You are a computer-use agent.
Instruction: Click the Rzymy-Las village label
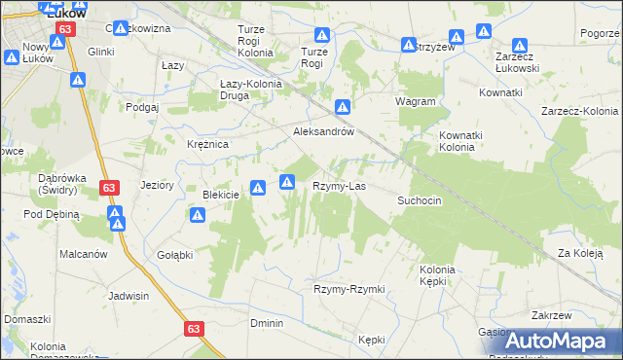[339, 185]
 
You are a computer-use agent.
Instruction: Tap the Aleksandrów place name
[322, 131]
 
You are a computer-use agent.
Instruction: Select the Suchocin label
[420, 200]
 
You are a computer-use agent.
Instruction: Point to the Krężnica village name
[207, 144]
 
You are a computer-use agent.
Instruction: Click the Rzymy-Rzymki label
[349, 289]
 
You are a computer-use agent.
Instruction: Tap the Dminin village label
[266, 323]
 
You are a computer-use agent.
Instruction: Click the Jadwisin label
[128, 294]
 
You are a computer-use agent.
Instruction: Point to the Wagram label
[416, 101]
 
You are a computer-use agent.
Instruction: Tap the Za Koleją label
[579, 254]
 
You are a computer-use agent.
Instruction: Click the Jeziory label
[157, 184]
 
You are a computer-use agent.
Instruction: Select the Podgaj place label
[142, 107]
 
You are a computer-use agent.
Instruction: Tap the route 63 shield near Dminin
[192, 330]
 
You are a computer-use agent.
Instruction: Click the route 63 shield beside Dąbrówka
[109, 187]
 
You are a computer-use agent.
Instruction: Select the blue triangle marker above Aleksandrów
[343, 107]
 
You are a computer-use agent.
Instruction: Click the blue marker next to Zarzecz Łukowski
[520, 46]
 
